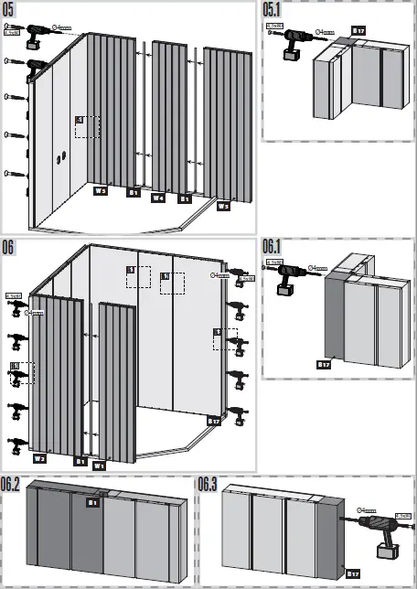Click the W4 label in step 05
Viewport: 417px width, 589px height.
[x=158, y=197]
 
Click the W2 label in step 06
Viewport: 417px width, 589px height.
[x=39, y=457]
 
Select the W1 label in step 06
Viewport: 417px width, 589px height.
[x=100, y=466]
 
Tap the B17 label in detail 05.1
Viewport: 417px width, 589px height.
[x=358, y=30]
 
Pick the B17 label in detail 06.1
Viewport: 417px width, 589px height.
[x=324, y=364]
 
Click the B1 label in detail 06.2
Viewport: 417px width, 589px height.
[x=93, y=502]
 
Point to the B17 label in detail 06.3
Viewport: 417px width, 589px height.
[x=351, y=573]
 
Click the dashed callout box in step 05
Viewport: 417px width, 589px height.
[x=87, y=126]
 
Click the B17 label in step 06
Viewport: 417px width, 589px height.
[x=214, y=421]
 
